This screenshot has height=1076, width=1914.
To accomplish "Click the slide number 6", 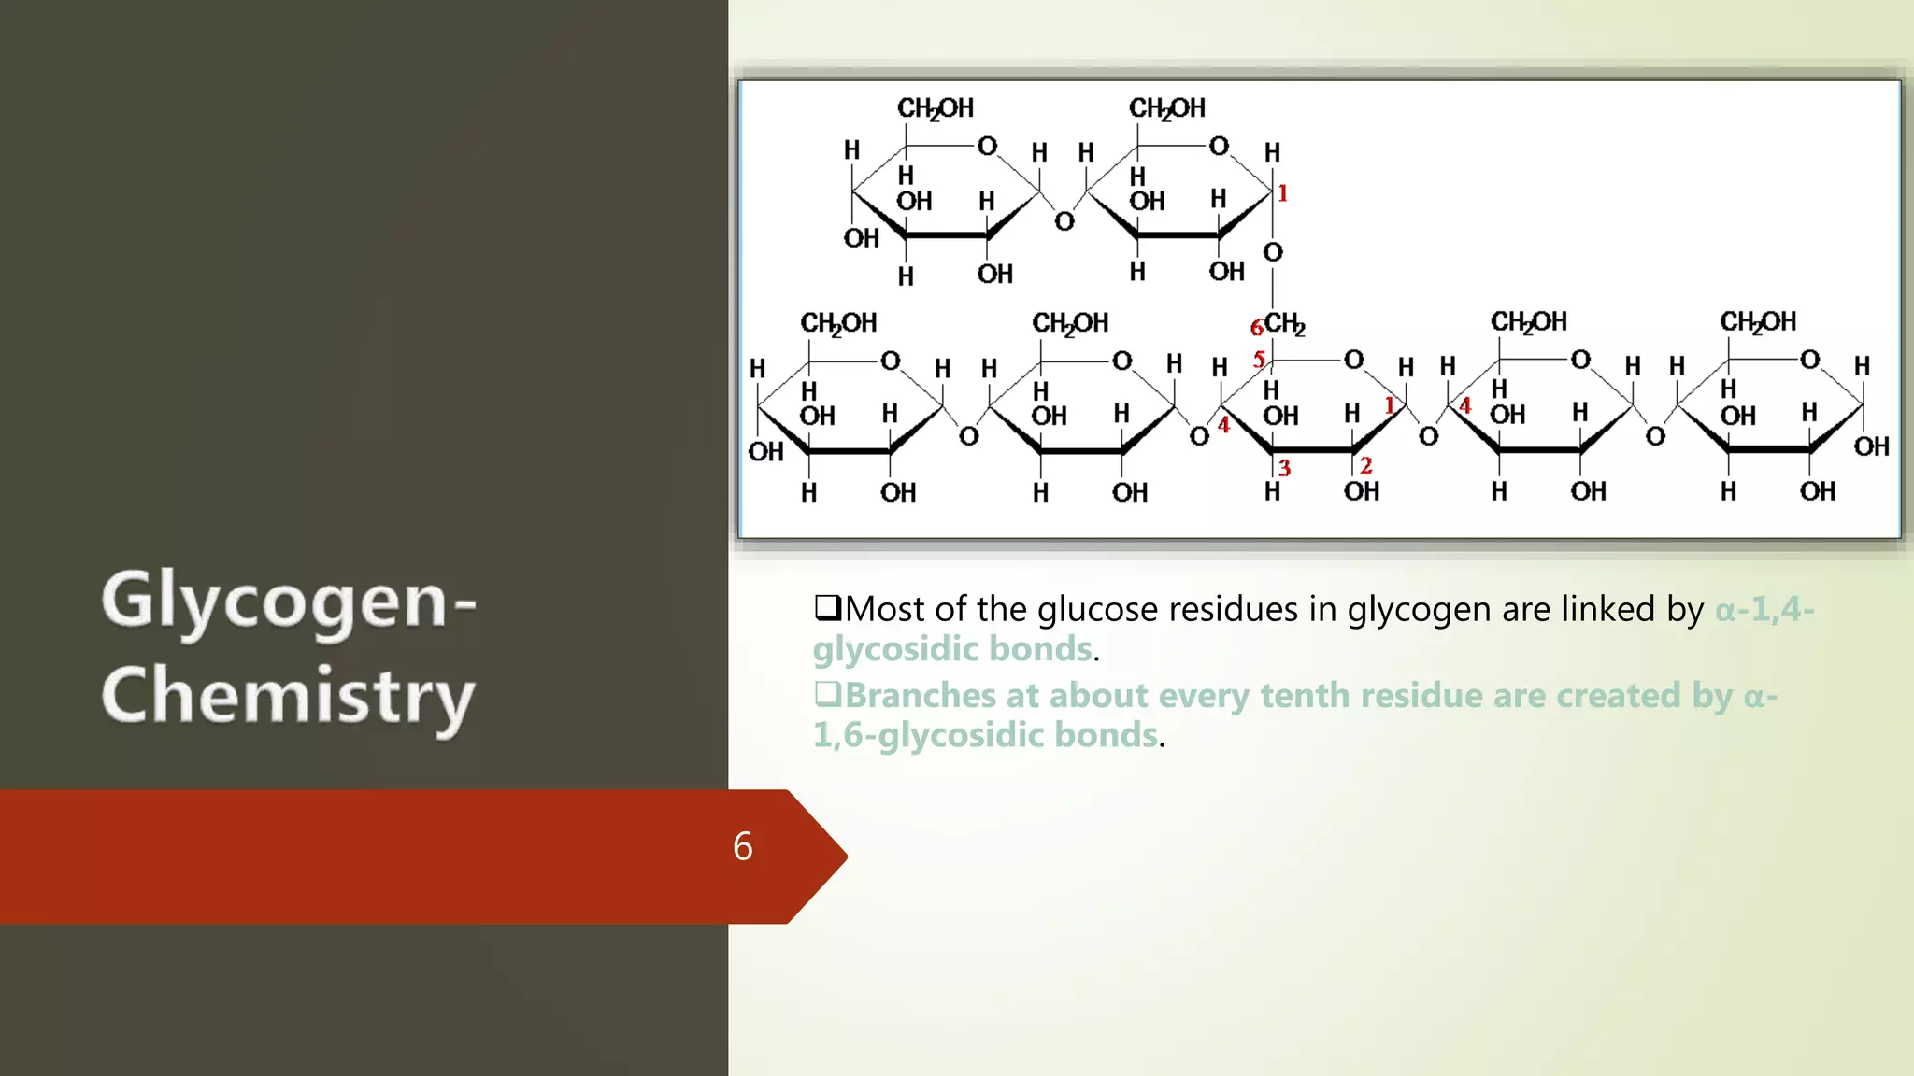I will [x=743, y=846].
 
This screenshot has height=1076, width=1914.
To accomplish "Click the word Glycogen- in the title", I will [x=289, y=602].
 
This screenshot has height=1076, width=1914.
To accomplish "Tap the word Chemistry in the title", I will [x=289, y=696].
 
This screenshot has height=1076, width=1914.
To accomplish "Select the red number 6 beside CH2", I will [x=1257, y=328].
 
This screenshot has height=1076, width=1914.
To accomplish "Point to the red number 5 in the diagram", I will [x=1259, y=360].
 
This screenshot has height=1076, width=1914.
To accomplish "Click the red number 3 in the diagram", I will [x=1284, y=468].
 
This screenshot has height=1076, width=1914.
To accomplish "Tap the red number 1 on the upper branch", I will [x=1283, y=193].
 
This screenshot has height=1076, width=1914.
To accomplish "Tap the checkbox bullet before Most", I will [x=827, y=608].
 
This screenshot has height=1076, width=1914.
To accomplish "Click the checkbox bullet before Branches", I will [x=827, y=694].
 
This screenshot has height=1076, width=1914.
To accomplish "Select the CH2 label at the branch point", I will [x=1285, y=325].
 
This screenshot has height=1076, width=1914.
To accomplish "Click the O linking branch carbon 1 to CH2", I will [x=1273, y=252].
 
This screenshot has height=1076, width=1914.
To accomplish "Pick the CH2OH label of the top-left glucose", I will [x=936, y=109].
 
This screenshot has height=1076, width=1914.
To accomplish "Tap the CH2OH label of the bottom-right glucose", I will [x=1758, y=322].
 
